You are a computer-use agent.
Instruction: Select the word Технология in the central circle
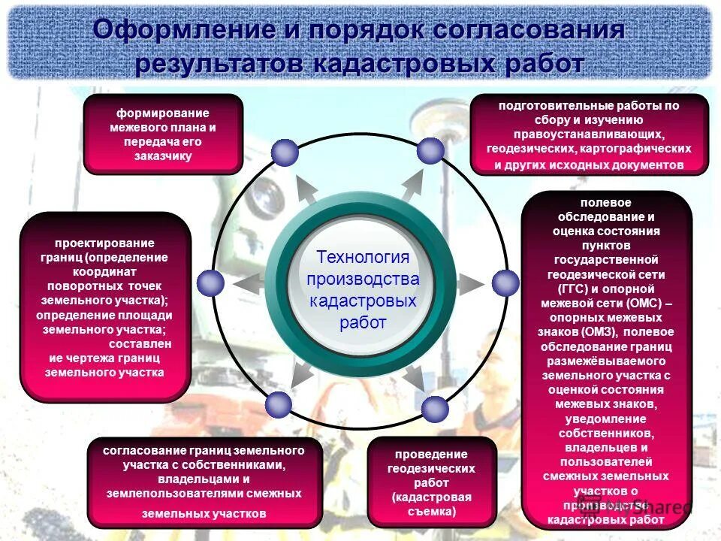(x=363, y=257)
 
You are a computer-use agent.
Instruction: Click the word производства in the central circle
(x=363, y=279)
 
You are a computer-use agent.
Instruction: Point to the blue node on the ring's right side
(x=505, y=283)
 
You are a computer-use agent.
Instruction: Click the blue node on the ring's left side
(x=210, y=283)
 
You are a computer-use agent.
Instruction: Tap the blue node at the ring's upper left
(x=285, y=153)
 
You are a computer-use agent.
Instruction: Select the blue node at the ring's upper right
(x=430, y=151)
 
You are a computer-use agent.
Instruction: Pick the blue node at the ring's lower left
(x=279, y=405)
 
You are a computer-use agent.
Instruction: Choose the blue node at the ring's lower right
(x=434, y=410)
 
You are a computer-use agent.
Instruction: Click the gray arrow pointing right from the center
(x=469, y=283)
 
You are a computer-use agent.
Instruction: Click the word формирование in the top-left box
(x=162, y=113)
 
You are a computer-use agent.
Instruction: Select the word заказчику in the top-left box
(x=164, y=156)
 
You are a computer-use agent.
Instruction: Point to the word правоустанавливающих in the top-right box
(x=589, y=134)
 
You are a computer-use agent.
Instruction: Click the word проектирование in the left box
(x=104, y=243)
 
